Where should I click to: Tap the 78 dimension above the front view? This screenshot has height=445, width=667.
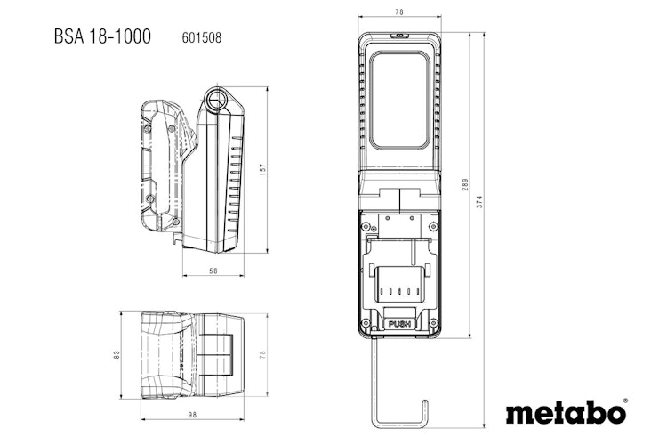(x=398, y=12)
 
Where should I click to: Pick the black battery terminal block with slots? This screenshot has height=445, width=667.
(x=398, y=287)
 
